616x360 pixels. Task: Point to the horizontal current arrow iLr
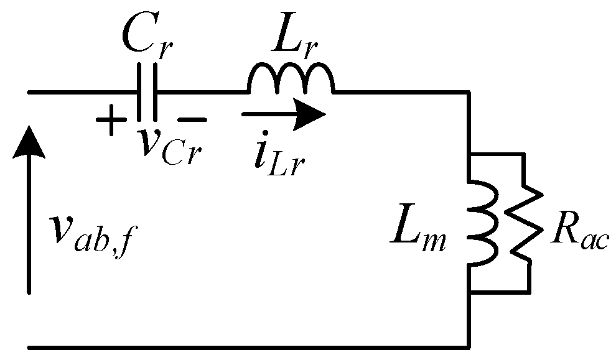click(283, 114)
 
